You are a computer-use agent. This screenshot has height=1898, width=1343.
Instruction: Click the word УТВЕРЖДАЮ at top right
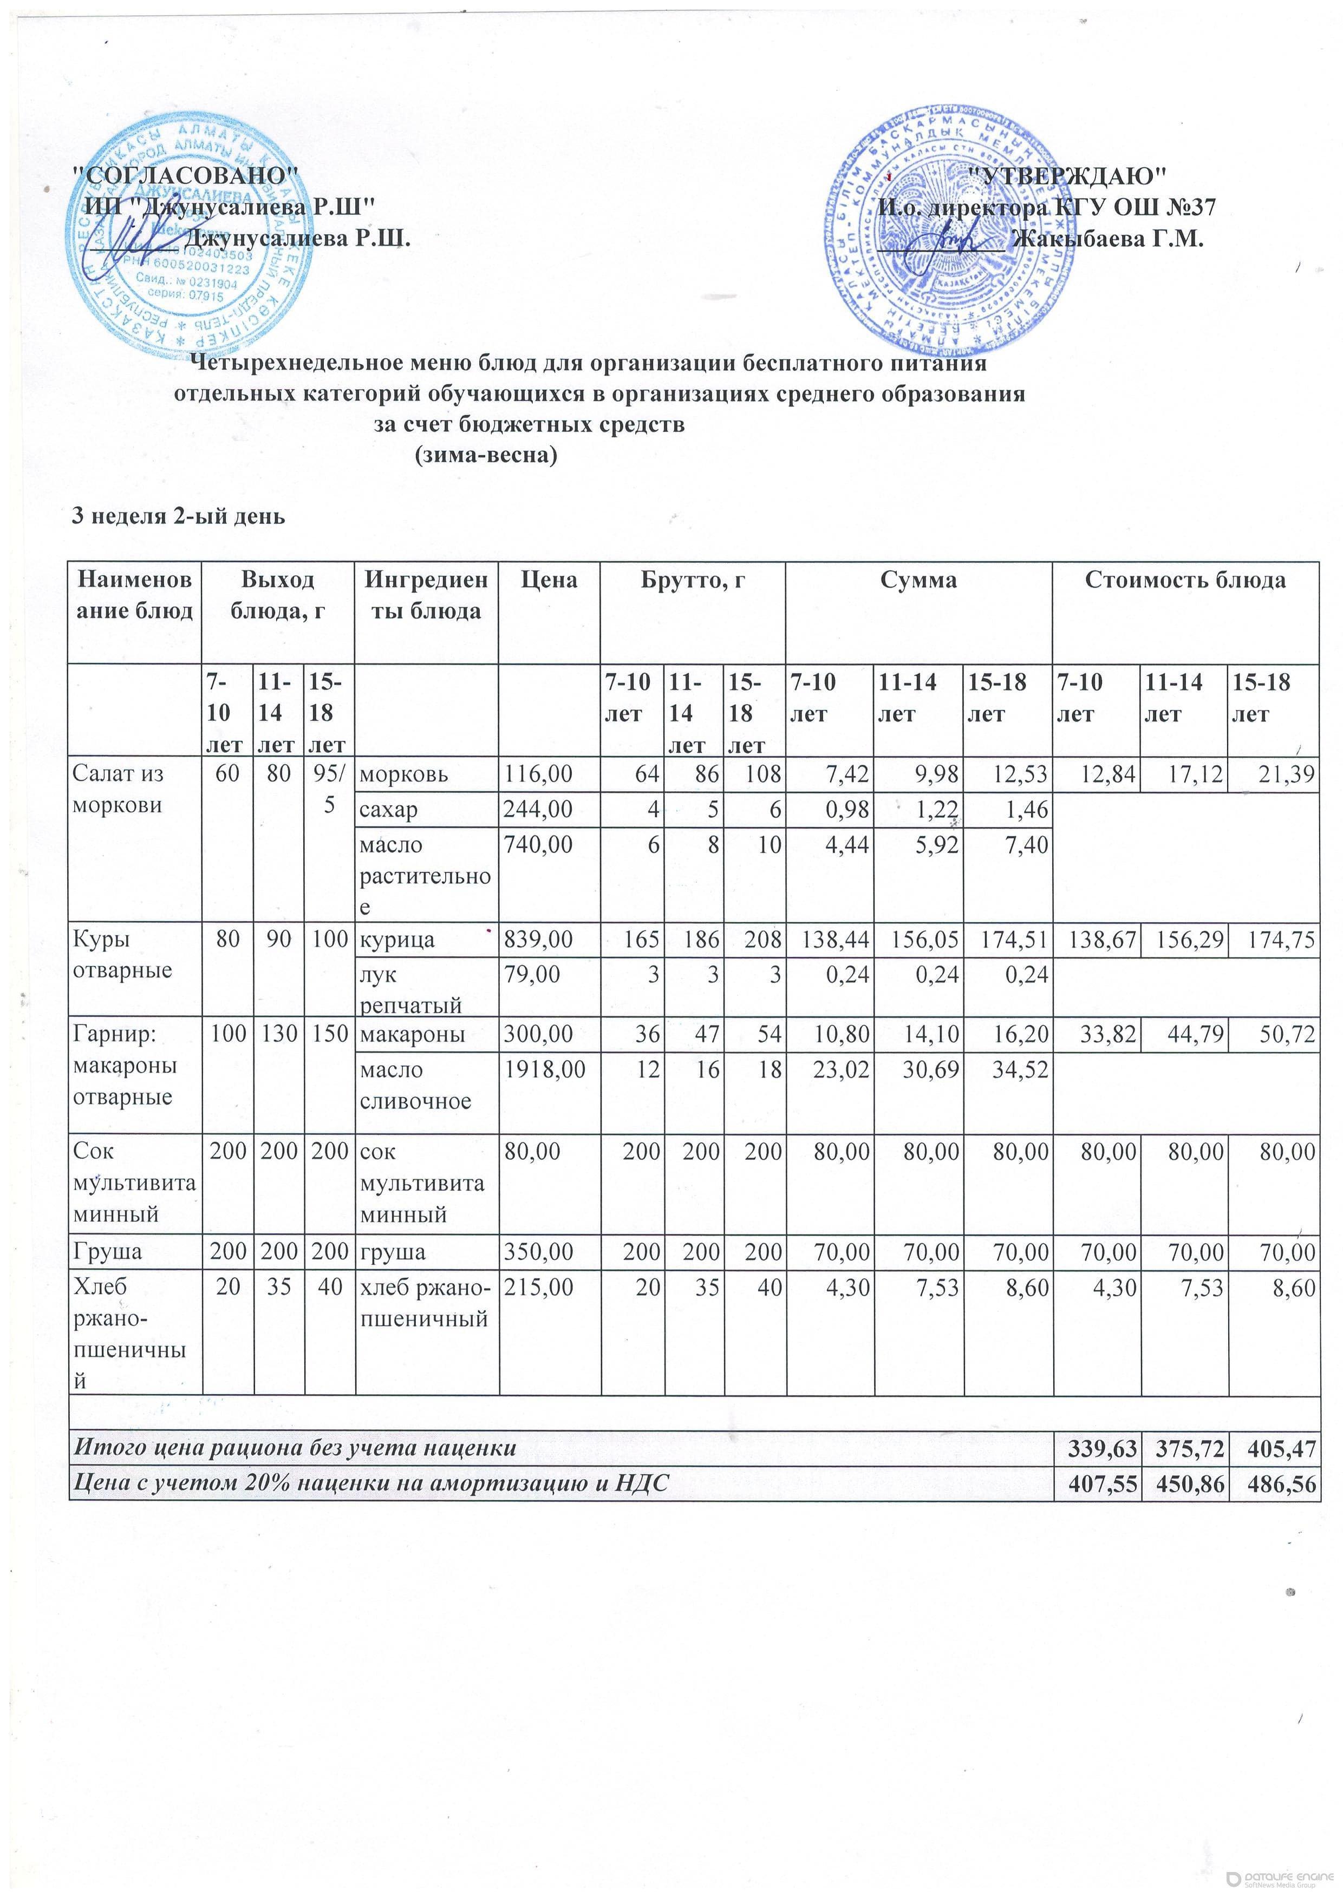point(1067,175)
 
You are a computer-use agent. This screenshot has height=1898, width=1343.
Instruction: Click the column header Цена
point(549,580)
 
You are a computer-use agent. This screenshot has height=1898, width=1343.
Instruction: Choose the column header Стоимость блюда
point(1185,580)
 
